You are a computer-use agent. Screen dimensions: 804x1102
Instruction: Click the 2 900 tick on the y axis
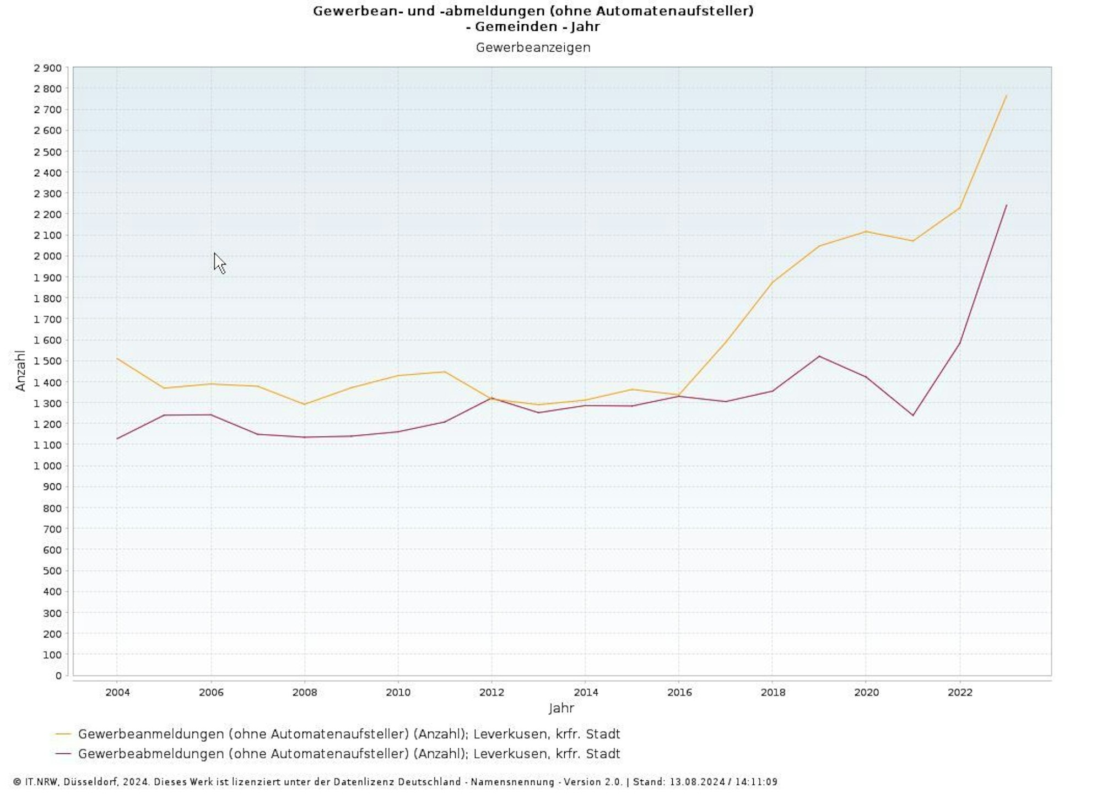(x=48, y=68)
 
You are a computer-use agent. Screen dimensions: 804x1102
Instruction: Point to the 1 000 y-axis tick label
(x=48, y=466)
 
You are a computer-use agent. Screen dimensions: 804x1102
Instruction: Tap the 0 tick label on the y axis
(x=58, y=676)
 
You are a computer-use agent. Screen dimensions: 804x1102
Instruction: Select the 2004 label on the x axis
(x=117, y=693)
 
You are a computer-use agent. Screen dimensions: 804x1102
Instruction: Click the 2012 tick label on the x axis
(x=491, y=693)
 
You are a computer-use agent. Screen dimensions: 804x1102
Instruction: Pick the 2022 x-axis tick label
(x=960, y=693)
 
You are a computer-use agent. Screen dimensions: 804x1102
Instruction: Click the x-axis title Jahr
(x=561, y=709)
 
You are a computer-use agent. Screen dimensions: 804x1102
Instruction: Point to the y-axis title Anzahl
(x=20, y=370)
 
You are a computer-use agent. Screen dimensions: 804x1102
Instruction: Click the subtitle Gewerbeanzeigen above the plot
(x=533, y=48)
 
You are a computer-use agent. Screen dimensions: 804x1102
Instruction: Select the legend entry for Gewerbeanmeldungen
(x=349, y=734)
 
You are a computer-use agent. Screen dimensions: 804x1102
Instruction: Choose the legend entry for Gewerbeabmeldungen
(x=349, y=754)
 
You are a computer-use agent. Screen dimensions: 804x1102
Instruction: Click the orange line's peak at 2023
(x=1006, y=96)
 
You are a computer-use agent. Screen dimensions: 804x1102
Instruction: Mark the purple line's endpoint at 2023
(x=1006, y=206)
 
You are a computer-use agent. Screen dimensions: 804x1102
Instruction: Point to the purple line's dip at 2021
(x=913, y=416)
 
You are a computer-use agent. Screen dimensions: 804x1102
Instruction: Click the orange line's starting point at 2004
(x=117, y=359)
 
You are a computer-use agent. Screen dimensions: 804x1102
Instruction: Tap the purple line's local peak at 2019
(x=819, y=356)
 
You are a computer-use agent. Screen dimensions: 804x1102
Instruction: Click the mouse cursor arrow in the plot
(x=219, y=262)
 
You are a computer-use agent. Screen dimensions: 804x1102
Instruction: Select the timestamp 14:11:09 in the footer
(x=756, y=782)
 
